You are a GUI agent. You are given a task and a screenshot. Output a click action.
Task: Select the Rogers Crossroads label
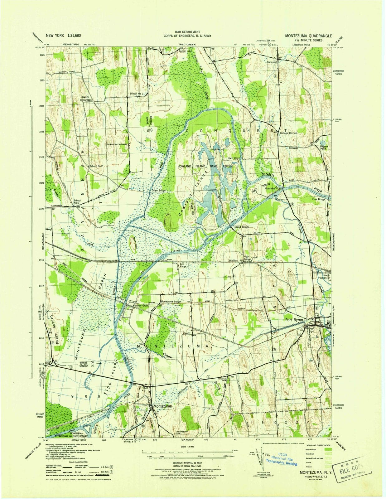click(x=86, y=98)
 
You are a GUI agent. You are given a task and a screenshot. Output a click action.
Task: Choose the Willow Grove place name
click(x=142, y=306)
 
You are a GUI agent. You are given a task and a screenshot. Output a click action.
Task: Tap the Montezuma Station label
click(x=171, y=302)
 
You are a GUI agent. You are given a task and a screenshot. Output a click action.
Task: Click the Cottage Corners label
click(x=288, y=133)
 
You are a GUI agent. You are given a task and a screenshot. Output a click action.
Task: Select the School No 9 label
click(x=136, y=94)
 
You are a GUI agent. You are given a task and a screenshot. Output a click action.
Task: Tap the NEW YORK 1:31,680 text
click(x=63, y=36)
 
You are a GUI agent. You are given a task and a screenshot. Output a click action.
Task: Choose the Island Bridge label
click(x=242, y=227)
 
